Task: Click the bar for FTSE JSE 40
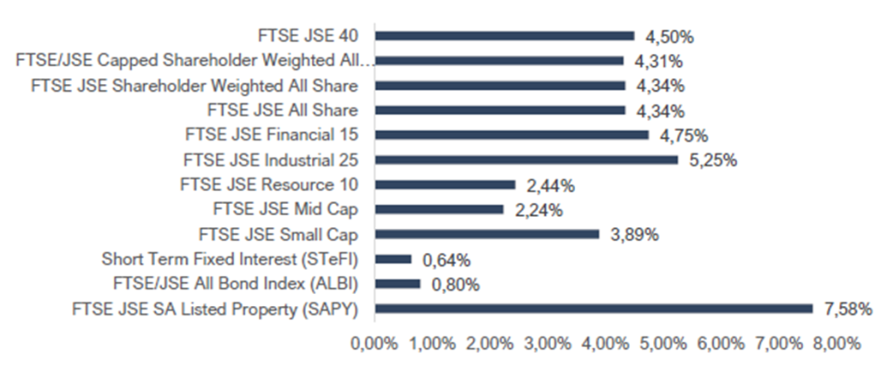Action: click(504, 36)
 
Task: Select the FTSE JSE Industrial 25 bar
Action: click(526, 160)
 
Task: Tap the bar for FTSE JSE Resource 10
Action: click(444, 185)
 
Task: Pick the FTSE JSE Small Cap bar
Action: click(486, 234)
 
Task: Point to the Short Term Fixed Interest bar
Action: click(393, 258)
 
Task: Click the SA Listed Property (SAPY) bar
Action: click(593, 309)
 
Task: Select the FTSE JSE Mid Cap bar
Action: click(438, 209)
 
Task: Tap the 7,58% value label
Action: click(848, 309)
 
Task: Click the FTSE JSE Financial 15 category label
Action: click(271, 135)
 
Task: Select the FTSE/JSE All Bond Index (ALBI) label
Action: click(236, 284)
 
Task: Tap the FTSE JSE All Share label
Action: click(282, 110)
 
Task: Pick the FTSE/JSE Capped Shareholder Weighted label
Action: click(194, 61)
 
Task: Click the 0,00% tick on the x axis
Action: click(374, 343)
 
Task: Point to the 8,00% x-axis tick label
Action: click(837, 343)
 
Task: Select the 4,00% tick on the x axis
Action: click(605, 343)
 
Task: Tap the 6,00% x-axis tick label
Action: click(722, 343)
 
